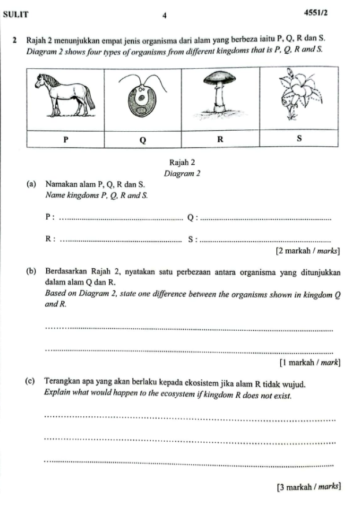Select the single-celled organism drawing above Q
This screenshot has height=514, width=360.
tap(141, 99)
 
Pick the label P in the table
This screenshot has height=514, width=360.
tap(66, 139)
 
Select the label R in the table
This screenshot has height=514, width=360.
tap(220, 139)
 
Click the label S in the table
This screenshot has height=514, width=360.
tap(299, 139)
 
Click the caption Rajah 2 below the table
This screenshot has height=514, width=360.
tap(182, 163)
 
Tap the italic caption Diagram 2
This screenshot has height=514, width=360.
tap(182, 173)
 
